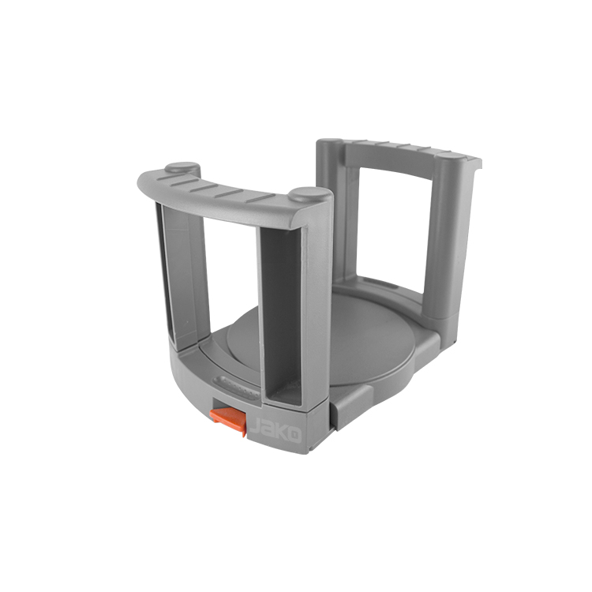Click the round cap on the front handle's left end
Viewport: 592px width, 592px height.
[x=182, y=168]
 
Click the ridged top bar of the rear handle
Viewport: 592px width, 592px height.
[x=403, y=150]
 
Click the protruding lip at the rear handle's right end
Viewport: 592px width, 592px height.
[x=474, y=166]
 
